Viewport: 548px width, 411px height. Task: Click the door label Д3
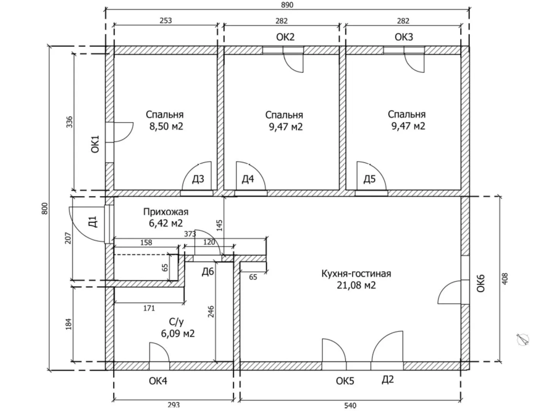198,179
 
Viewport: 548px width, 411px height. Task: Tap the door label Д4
248,179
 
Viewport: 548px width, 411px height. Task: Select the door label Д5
369,179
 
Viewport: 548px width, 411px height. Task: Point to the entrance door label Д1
93,221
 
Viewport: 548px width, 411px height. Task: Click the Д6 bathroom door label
208,272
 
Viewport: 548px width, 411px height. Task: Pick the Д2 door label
387,379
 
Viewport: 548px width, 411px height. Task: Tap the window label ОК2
285,37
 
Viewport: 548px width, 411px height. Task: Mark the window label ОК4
158,381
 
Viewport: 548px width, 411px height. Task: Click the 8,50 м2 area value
166,126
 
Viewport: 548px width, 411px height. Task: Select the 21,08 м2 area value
356,285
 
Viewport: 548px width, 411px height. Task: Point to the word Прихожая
166,212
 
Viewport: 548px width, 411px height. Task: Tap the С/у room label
177,322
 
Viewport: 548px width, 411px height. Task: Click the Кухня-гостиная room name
356,274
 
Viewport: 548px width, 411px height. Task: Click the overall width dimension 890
287,5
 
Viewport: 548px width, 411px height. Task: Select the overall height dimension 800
45,208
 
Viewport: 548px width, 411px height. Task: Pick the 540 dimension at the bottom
350,406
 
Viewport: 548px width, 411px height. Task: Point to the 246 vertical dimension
211,311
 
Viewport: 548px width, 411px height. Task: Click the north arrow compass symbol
524,339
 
